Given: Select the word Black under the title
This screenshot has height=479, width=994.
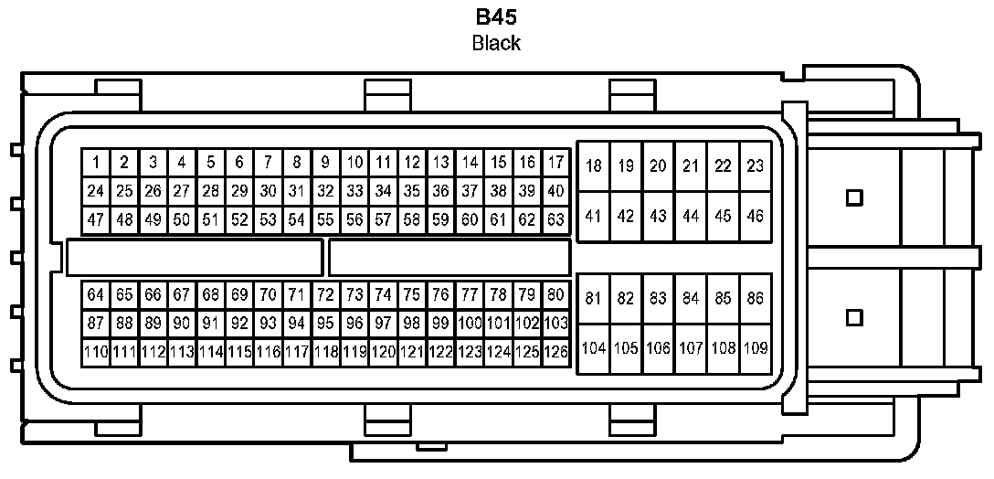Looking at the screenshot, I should pos(496,43).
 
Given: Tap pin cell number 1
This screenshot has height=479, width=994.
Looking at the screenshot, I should pos(95,164).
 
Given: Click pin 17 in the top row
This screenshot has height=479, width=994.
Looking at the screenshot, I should pos(555,164).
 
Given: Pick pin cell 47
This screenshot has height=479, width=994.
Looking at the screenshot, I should pos(95,220).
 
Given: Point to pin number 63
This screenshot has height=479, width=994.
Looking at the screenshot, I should pos(555,220).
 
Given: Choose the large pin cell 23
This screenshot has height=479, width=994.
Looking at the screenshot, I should pos(755,166).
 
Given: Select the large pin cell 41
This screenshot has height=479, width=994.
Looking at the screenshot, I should pos(594,217).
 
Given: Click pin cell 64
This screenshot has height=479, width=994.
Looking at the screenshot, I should pos(95,294).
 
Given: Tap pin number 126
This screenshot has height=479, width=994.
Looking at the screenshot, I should pos(555,351).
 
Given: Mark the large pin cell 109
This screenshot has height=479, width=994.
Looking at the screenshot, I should pos(755,348).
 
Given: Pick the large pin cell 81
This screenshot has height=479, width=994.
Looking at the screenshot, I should pos(594,298).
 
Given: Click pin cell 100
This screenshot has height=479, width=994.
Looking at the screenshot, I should pos(470,323).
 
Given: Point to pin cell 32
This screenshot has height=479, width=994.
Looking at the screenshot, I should pos(325,192).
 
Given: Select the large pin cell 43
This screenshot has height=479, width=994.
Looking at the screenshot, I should pos(658,217).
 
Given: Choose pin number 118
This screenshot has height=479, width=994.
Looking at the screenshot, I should pos(325,351).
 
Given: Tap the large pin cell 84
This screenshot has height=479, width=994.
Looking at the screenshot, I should pos(691,298).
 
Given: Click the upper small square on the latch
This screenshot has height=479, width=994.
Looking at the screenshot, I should pos(855,197).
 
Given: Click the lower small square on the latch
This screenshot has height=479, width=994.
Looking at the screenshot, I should pos(855,317).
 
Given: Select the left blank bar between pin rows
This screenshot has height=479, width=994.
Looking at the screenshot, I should pos(195,257).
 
